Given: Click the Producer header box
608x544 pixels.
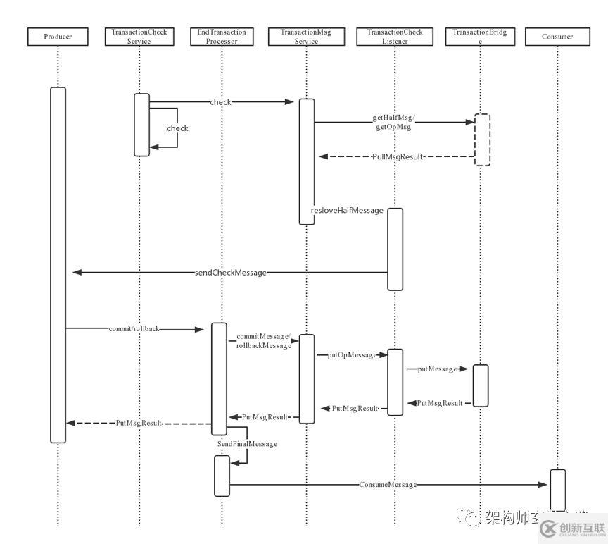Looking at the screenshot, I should click(58, 37).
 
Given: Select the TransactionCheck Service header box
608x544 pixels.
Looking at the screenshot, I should click(139, 37).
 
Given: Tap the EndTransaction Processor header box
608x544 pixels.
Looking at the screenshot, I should click(222, 37).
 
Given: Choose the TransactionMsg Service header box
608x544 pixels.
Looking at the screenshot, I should click(306, 37).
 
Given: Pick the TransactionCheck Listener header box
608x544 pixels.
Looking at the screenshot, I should click(395, 37).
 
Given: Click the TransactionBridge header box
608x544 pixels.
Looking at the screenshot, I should click(482, 37).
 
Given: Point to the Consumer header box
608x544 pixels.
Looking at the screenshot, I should click(557, 37).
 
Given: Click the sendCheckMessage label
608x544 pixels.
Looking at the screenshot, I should click(231, 272).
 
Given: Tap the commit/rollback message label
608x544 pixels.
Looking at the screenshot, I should click(134, 328).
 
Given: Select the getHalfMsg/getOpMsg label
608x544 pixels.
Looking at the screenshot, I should click(393, 123).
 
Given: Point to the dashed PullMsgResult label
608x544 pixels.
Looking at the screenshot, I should click(398, 156).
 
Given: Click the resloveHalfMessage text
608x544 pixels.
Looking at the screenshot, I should click(347, 211).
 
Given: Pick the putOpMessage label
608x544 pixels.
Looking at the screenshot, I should click(353, 355).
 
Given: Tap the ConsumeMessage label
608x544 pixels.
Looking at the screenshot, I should click(388, 485).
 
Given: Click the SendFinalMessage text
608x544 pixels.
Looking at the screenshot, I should click(247, 444).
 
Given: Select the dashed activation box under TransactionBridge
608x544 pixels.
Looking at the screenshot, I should click(482, 140).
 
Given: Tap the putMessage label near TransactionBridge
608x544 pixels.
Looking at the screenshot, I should click(434, 369).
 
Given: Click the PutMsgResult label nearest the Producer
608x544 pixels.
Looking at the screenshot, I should click(139, 423).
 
